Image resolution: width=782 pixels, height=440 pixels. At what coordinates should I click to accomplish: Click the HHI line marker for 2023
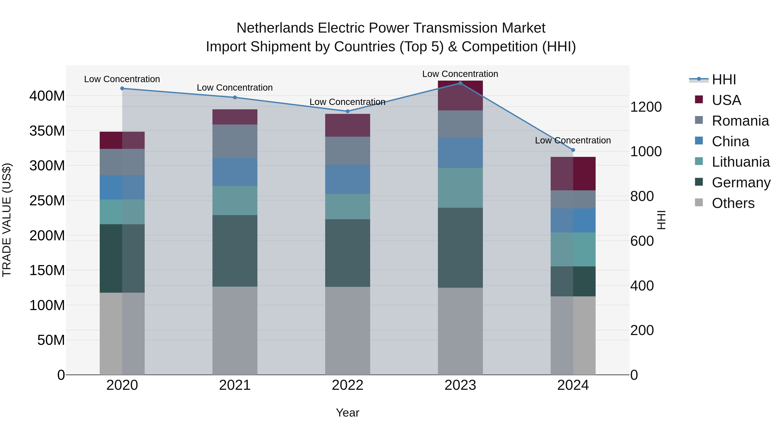[460, 83]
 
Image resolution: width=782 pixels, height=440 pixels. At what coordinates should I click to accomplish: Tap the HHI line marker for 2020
[122, 88]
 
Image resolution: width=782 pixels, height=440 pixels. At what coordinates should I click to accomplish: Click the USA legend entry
[726, 100]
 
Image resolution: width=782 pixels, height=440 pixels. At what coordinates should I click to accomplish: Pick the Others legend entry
[733, 203]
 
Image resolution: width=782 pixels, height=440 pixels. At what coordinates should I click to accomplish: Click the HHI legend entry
[724, 80]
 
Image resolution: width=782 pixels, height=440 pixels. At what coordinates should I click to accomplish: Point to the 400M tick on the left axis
[47, 96]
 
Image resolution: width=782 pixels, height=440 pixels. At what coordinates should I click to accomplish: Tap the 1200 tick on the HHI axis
[646, 107]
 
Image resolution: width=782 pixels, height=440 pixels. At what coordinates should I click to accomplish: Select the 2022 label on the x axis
[348, 385]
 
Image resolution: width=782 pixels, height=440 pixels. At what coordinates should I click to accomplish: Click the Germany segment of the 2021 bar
[235, 251]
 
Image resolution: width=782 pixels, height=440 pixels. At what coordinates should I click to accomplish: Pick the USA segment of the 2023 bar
[460, 96]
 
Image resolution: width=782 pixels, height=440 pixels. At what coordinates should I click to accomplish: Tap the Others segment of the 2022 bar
[348, 331]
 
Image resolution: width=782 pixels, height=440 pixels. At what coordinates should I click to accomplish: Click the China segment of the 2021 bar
[235, 172]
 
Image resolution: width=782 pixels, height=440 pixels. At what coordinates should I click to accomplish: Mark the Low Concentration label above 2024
[573, 140]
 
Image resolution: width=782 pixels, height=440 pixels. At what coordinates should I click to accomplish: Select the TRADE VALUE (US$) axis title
[7, 220]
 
